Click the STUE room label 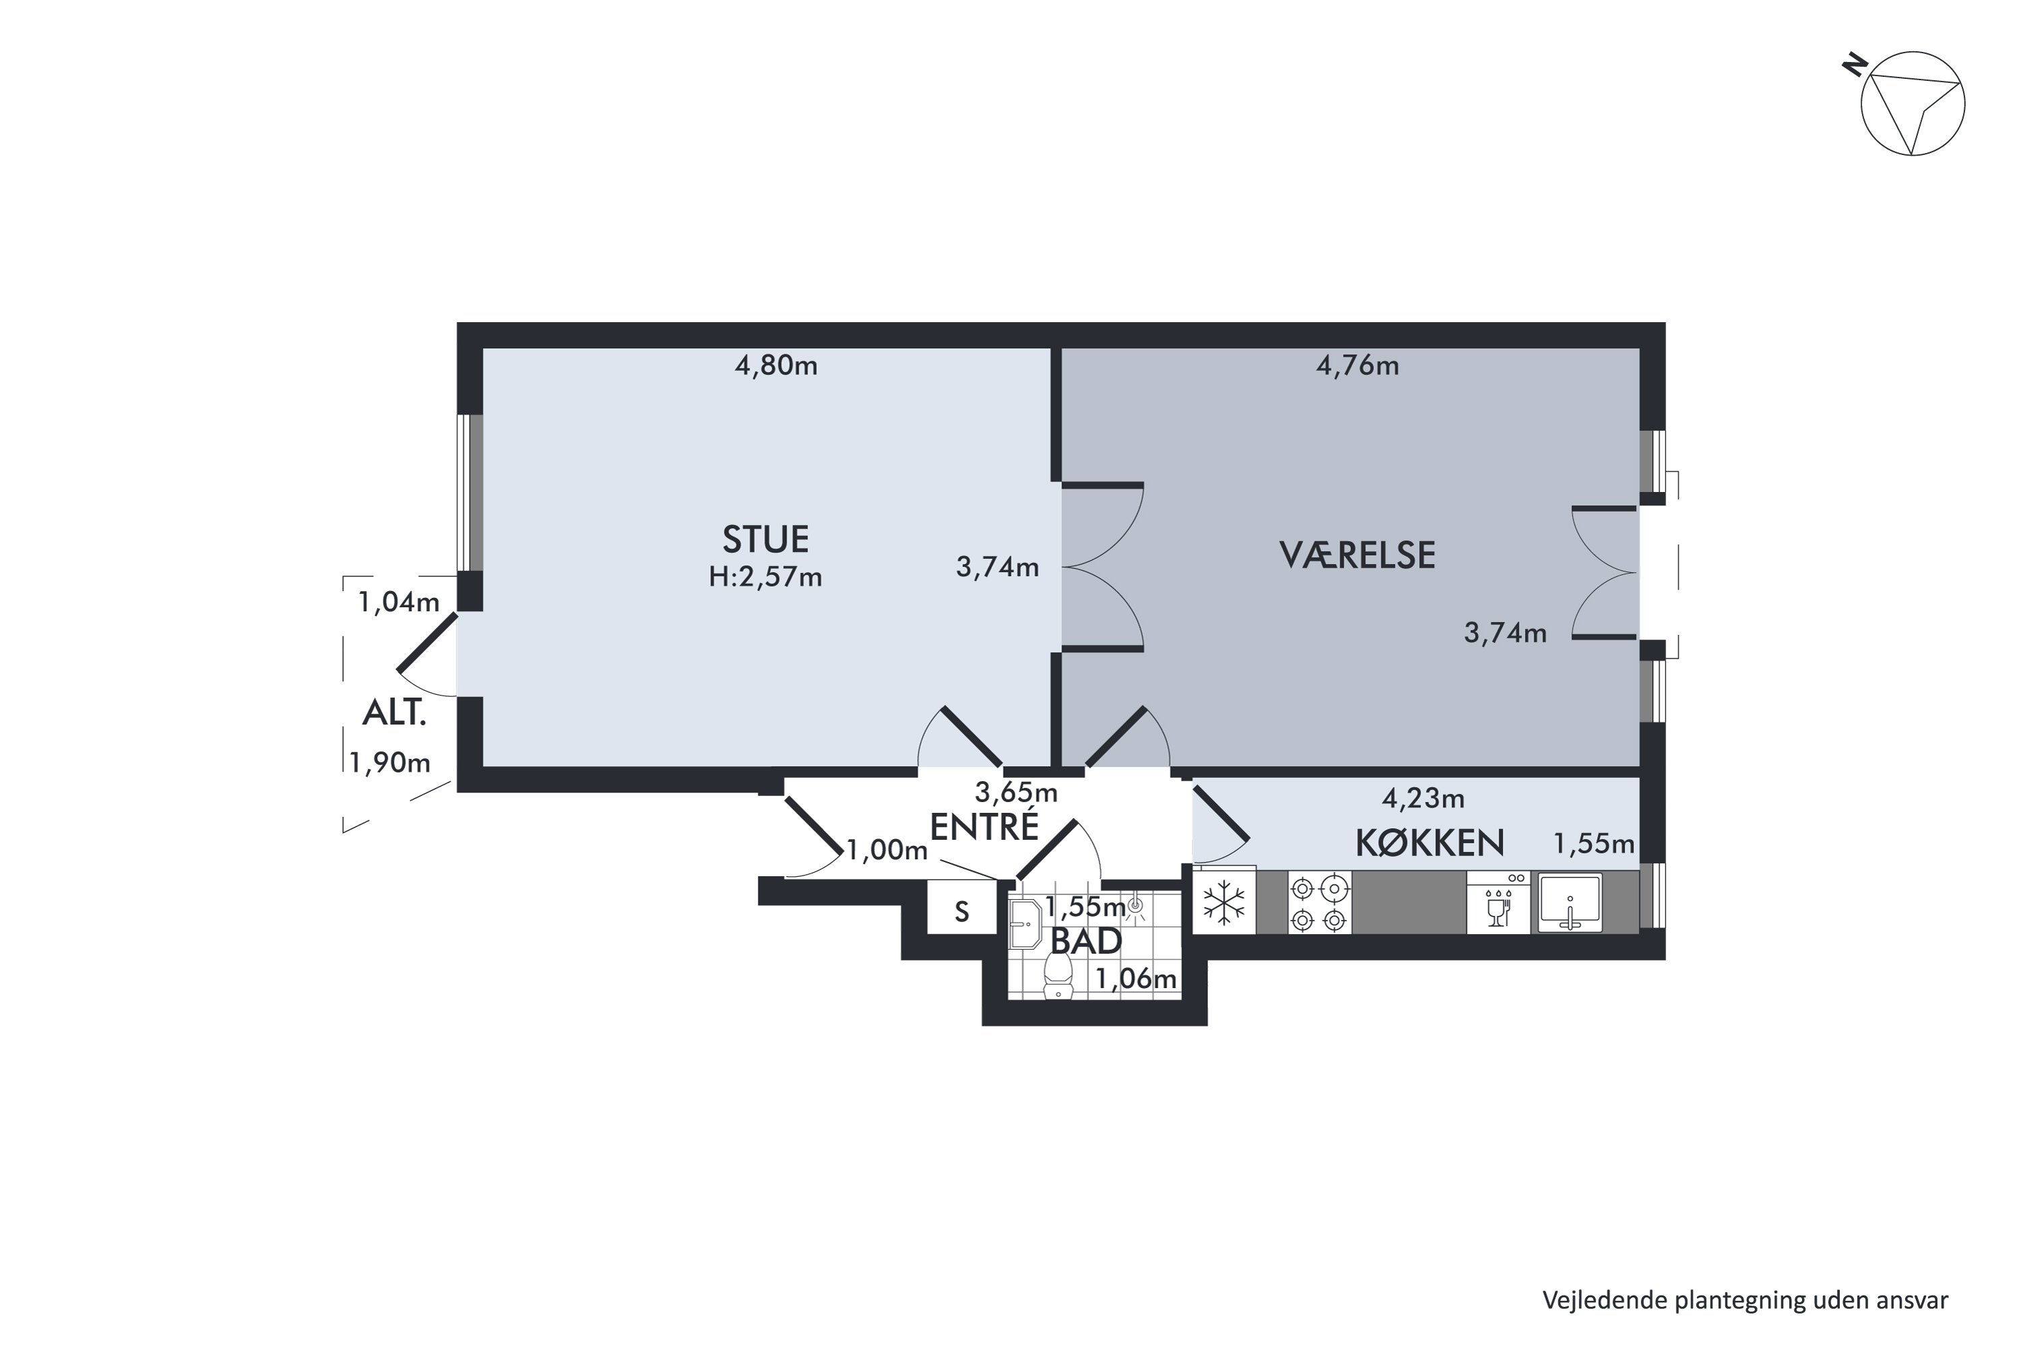tap(765, 539)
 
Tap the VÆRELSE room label tap(1357, 555)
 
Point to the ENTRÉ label tap(985, 827)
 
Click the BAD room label tap(1086, 942)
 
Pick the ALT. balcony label tap(394, 712)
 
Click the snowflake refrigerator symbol tap(1223, 905)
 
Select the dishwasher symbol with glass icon tap(1498, 902)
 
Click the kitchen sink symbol tap(1570, 902)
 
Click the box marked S tap(961, 911)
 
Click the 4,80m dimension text tap(776, 366)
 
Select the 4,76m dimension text tap(1357, 366)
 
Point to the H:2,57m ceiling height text tap(765, 577)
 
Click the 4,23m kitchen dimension tap(1423, 799)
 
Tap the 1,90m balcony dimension tap(389, 762)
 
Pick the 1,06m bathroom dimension tap(1136, 979)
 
